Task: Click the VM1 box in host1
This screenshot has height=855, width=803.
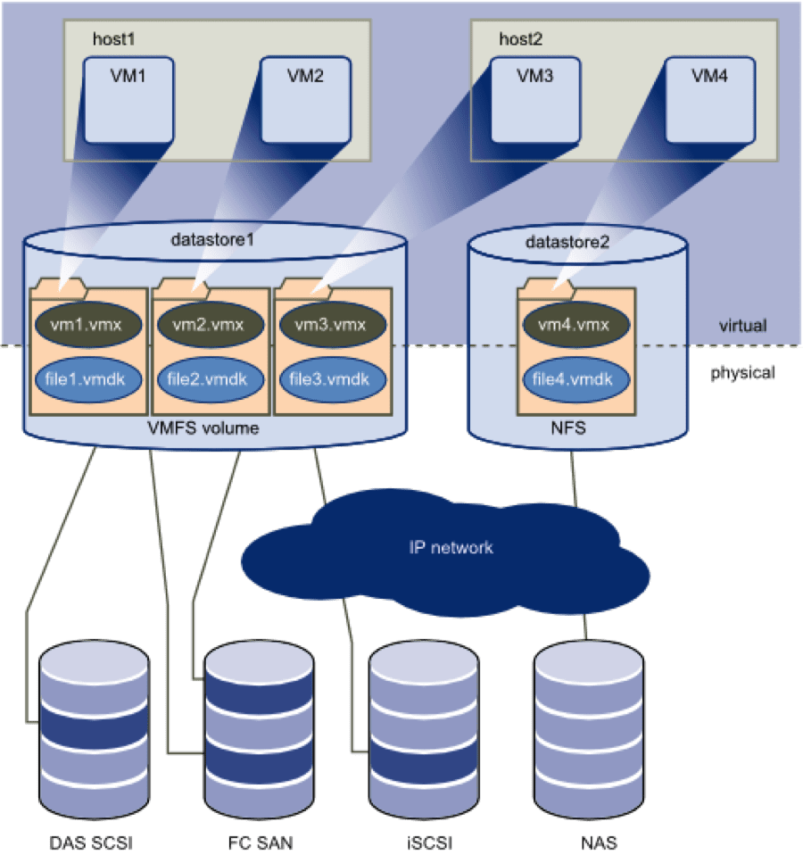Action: (128, 98)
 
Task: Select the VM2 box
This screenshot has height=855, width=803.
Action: (304, 98)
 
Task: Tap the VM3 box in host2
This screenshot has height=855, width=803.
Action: (535, 98)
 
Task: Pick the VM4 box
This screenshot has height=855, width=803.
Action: (709, 98)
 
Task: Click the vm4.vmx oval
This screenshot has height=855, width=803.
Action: (575, 325)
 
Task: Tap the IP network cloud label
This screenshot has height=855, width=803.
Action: (451, 547)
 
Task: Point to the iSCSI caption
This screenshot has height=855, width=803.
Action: (423, 842)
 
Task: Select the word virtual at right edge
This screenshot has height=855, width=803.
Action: (742, 325)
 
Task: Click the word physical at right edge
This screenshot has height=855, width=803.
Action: (742, 373)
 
